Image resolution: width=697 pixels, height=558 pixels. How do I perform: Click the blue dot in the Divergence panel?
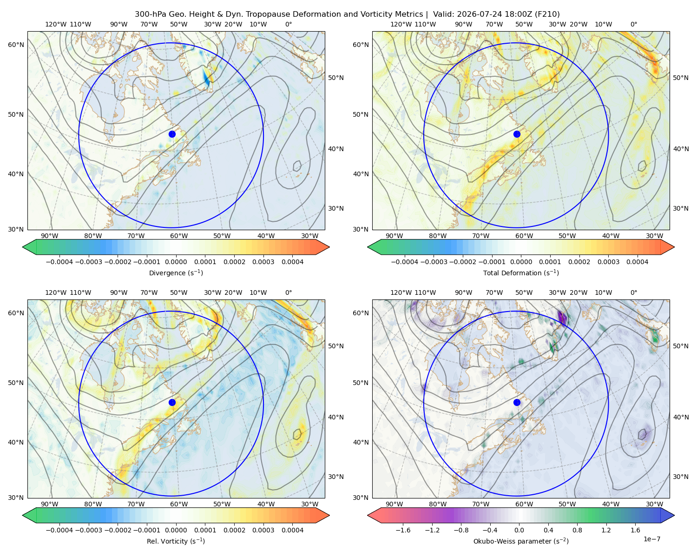tap(172, 134)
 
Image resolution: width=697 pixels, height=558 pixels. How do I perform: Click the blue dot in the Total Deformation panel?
tap(517, 134)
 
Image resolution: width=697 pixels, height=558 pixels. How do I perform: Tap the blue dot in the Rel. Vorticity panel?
tap(172, 402)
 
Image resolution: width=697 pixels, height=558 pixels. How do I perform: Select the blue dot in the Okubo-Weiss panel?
tap(517, 402)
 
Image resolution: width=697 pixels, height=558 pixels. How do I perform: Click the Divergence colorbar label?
tap(176, 272)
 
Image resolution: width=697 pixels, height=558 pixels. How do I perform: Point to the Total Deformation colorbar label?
tap(521, 272)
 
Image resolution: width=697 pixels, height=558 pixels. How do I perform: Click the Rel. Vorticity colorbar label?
tap(176, 541)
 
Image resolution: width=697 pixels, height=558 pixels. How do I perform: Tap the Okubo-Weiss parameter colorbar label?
tap(521, 541)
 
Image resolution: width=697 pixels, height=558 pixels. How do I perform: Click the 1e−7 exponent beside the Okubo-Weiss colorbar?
tap(651, 539)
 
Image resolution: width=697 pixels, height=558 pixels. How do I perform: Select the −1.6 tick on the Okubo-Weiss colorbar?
tap(403, 530)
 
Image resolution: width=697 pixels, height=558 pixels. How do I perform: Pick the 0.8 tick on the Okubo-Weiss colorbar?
tap(577, 530)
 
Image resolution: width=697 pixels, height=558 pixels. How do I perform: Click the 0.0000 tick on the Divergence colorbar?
tap(176, 262)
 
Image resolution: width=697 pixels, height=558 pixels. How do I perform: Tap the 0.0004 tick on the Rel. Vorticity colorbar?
tap(292, 530)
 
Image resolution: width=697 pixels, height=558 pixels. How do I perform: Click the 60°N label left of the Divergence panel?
tap(16, 45)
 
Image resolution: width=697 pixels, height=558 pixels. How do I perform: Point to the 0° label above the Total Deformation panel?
tap(633, 24)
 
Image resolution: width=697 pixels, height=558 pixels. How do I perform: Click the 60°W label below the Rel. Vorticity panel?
tap(179, 504)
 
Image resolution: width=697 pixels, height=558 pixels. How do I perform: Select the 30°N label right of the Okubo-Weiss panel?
tap(681, 476)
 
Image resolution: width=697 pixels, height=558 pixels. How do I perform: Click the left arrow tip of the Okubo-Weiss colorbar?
tap(368, 515)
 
